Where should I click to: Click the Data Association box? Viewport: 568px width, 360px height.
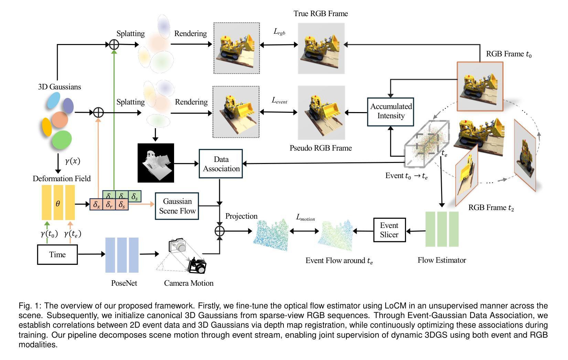[221, 164]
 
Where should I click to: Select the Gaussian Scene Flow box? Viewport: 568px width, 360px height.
[177, 206]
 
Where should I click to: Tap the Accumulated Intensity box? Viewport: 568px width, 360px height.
[390, 111]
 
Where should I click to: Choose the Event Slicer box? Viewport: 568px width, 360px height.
[389, 230]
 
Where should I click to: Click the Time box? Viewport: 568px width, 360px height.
[57, 254]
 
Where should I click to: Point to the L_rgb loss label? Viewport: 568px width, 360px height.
[279, 32]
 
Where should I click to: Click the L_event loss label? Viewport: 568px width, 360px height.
[279, 100]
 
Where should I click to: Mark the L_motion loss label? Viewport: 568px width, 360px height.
[306, 218]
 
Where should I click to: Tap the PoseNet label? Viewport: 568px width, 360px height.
[124, 283]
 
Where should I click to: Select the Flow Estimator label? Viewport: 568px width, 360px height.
[442, 260]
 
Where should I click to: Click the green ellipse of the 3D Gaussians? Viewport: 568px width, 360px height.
[62, 139]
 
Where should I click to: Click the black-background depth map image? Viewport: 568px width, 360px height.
[156, 163]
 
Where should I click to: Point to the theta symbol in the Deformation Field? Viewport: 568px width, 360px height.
[58, 204]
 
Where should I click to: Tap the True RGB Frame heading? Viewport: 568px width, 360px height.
[321, 13]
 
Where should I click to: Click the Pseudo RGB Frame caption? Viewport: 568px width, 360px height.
[321, 148]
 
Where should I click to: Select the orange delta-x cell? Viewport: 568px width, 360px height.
[96, 205]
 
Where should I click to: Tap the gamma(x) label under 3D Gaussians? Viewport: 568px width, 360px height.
[72, 161]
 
